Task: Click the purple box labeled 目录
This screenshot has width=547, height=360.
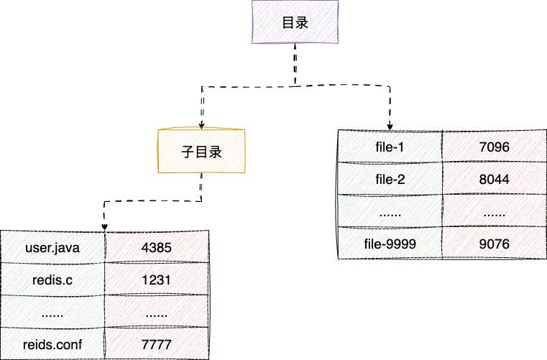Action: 293,23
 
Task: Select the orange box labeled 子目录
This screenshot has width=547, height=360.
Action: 201,152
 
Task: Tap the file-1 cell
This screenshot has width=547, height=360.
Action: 390,147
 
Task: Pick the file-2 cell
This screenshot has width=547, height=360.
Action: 390,180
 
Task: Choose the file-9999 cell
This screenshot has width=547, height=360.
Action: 390,244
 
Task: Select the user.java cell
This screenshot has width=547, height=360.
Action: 52,248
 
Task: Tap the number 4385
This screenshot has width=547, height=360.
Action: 156,248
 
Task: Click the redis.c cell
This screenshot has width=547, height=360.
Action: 52,280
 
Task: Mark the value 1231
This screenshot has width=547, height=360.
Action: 156,280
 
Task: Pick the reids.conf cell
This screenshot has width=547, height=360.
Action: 52,345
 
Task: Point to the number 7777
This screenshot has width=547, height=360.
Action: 156,345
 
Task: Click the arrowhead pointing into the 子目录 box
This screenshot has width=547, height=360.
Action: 201,124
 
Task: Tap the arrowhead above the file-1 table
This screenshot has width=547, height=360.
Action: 392,125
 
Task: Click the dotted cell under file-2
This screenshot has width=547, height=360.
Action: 390,212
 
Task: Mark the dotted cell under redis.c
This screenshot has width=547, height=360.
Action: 52,313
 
